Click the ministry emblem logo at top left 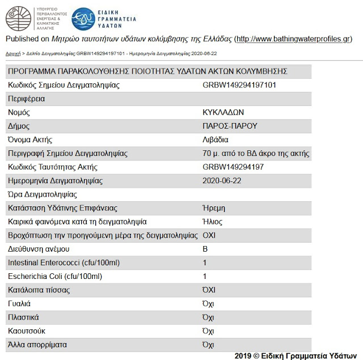[x=18, y=18]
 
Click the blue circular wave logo [x=84, y=18]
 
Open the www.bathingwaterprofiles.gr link [x=293, y=39]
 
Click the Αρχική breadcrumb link [x=12, y=53]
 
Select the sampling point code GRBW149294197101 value [x=239, y=85]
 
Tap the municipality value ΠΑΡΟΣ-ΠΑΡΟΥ [x=230, y=126]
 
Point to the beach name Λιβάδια [x=215, y=139]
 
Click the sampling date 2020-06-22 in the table [x=222, y=181]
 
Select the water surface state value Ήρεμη [x=214, y=208]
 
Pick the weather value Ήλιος [x=212, y=222]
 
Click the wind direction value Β [x=205, y=249]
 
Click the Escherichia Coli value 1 [x=205, y=277]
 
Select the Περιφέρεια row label [x=26, y=99]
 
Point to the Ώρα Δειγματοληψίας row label [x=42, y=194]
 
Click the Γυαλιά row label [x=19, y=304]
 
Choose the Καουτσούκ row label [x=27, y=331]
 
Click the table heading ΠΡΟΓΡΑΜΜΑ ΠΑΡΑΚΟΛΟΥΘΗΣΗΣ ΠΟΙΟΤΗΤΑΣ [x=147, y=71]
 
